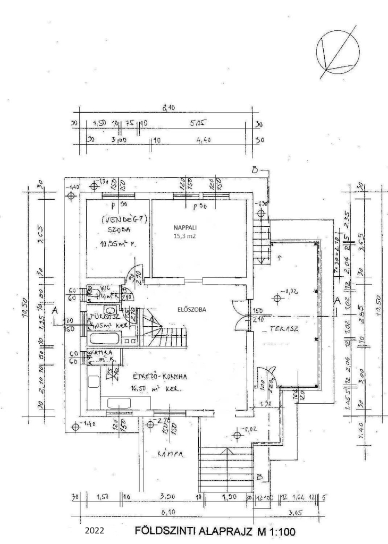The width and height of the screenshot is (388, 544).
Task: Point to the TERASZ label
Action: (x=284, y=329)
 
